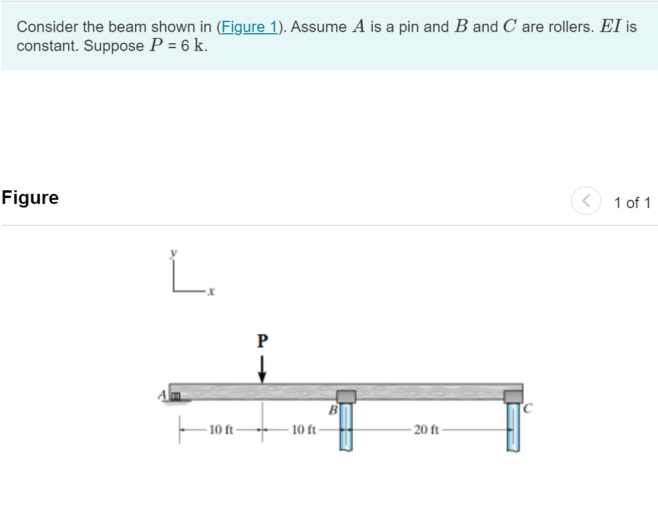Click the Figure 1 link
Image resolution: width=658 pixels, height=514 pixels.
[249, 27]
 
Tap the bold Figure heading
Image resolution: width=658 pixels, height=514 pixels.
[30, 197]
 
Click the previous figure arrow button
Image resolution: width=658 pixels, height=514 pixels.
[586, 200]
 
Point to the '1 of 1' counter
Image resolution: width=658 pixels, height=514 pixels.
[632, 203]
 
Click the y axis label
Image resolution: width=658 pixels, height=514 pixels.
[173, 253]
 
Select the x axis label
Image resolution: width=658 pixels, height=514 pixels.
[210, 291]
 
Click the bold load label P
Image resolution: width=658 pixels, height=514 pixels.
[262, 340]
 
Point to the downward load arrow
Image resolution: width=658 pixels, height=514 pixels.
[262, 369]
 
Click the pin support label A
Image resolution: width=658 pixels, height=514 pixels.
[162, 395]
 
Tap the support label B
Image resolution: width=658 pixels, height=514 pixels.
[333, 410]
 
